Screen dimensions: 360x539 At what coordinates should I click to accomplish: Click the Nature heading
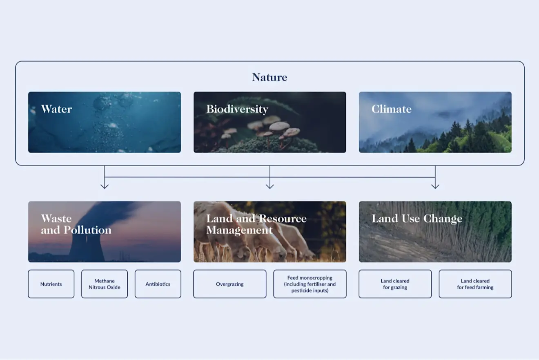pos(269,77)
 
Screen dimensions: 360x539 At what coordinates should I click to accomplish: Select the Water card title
pos(56,109)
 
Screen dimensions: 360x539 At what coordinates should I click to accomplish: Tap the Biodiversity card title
pos(237,109)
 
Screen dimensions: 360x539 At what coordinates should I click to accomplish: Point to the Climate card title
pos(391,109)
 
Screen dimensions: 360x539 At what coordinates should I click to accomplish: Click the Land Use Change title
pos(417,219)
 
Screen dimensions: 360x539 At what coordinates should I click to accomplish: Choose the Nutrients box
pos(51,284)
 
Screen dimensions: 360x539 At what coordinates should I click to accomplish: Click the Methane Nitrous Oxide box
pos(105,284)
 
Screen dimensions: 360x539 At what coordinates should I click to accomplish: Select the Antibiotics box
pos(158,284)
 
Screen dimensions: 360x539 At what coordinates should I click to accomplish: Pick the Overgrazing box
pos(230,284)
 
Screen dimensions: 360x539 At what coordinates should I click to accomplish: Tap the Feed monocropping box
pos(310,284)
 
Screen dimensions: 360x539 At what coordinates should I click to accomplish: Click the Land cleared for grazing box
pos(395,284)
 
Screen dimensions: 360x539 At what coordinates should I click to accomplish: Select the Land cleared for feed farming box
pos(475,284)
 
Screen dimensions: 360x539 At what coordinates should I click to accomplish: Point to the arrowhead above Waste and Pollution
pos(105,186)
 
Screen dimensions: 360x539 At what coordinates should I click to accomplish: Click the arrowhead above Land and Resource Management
pos(270,186)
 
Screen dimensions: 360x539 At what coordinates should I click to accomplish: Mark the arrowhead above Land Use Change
pos(435,186)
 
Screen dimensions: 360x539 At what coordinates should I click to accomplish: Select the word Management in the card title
pos(239,230)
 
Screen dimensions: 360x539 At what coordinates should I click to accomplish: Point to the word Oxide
pos(113,287)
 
